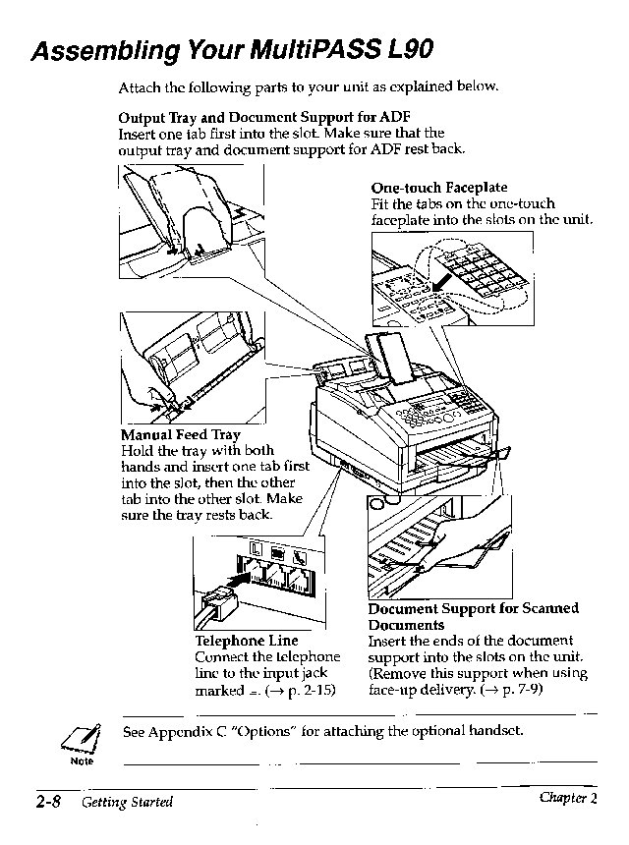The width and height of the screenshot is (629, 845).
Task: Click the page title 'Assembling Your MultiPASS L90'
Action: (x=230, y=50)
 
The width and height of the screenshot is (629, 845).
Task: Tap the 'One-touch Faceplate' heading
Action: (x=438, y=187)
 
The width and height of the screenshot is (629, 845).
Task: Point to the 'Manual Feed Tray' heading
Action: (x=180, y=434)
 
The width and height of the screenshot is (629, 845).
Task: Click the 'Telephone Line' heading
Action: (x=247, y=641)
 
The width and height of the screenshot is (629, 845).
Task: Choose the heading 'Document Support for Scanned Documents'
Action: (x=473, y=616)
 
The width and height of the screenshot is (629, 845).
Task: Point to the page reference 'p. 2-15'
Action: (x=306, y=691)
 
